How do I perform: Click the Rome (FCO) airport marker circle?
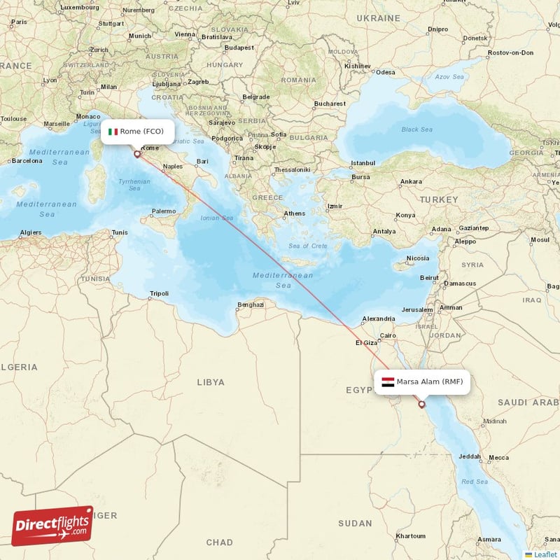(x=137, y=154)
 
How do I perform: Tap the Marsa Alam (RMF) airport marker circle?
(x=421, y=404)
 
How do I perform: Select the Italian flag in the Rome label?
(x=113, y=132)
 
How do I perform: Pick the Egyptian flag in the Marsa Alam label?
(x=388, y=382)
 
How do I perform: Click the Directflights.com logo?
(x=52, y=526)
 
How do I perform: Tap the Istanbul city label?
(x=363, y=162)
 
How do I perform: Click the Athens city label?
(x=294, y=213)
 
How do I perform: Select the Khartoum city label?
(x=410, y=535)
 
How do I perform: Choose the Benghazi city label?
(x=251, y=304)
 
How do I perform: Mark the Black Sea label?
(x=417, y=129)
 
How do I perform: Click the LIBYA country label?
(x=211, y=382)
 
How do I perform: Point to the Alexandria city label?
(x=379, y=320)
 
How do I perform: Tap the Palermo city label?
(x=164, y=211)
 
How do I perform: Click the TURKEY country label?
(x=438, y=200)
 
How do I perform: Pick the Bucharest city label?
(x=330, y=104)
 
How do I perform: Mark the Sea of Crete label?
(x=308, y=246)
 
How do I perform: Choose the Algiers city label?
(x=31, y=232)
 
